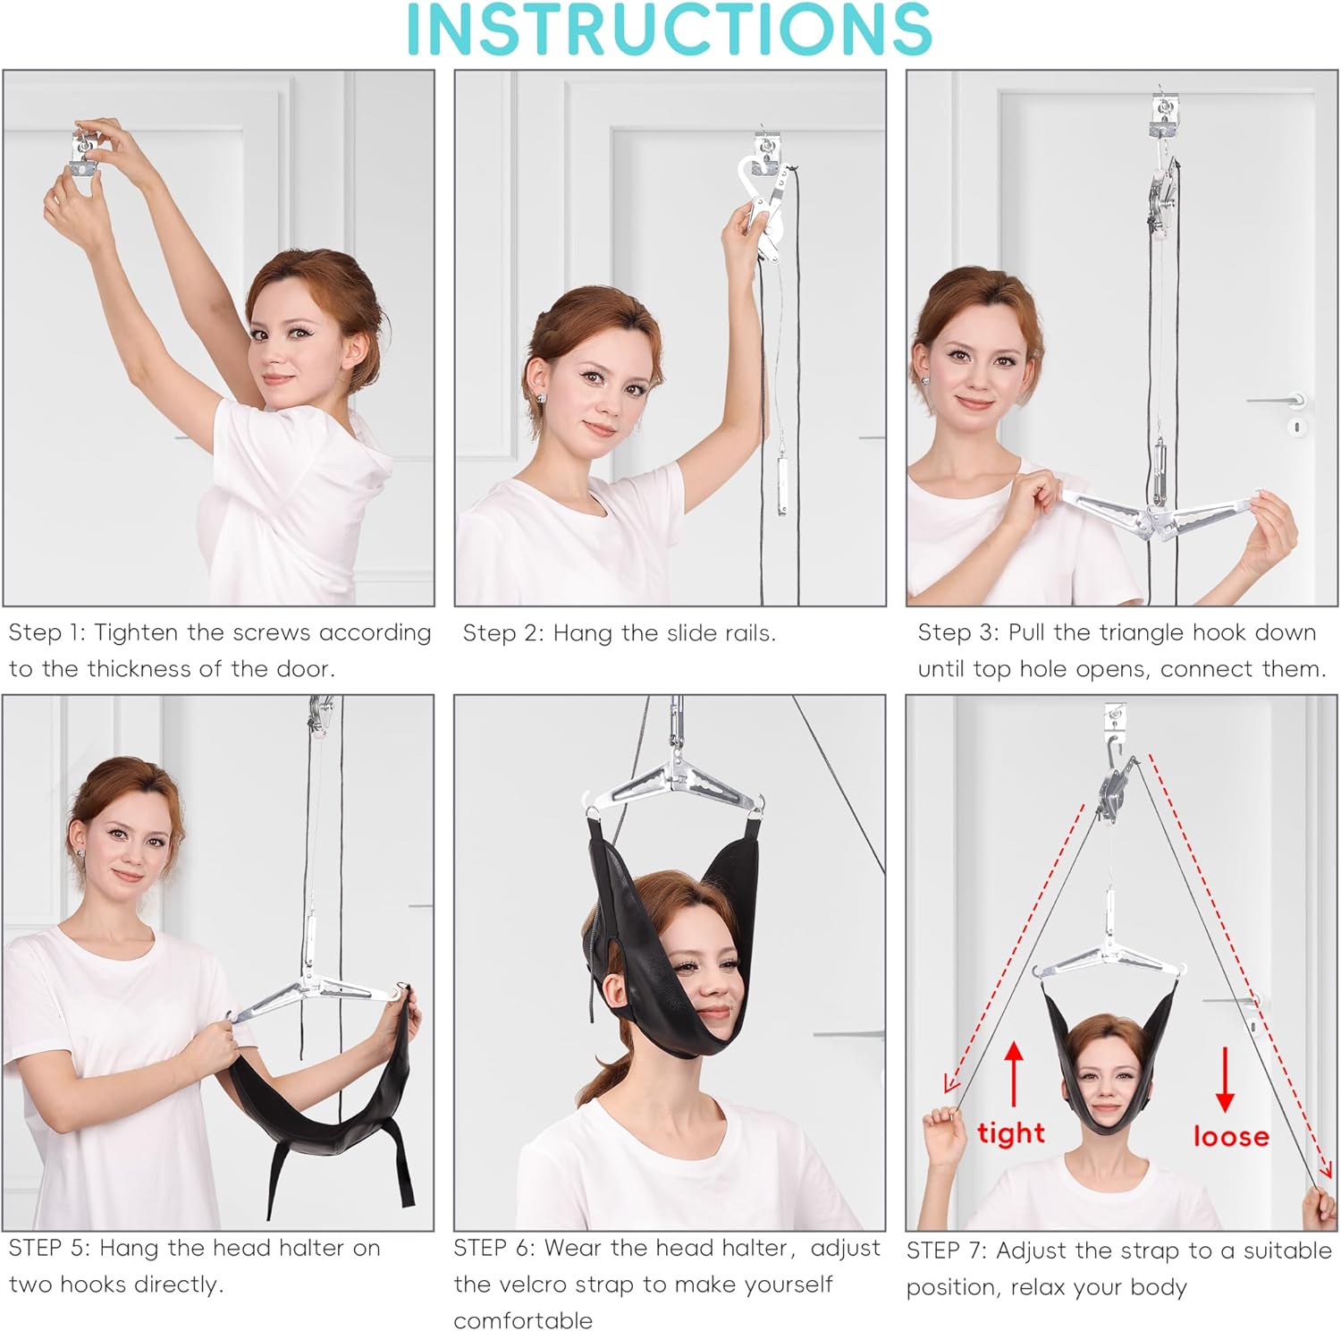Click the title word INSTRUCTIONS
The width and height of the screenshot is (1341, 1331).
pos(669,29)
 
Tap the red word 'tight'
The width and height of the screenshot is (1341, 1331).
pos(1011,1133)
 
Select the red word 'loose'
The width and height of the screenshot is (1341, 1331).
pos(1231,1136)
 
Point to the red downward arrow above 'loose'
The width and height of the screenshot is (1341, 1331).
pos(1225,1079)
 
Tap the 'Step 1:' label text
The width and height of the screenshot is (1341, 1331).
pos(47,633)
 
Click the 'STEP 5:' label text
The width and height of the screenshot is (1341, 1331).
pos(49,1248)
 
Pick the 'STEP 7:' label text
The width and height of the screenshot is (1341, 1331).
pos(947,1250)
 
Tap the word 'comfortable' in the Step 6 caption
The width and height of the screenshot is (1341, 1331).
pos(523,1320)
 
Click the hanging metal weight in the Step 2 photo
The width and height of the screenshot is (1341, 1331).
pos(782,485)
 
